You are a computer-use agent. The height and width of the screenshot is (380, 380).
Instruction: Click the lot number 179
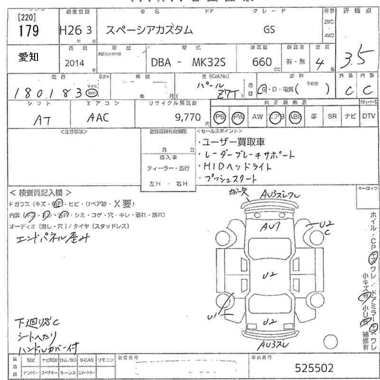pyautogui.click(x=28, y=32)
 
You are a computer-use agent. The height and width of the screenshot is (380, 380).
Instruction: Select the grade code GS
pyautogui.click(x=269, y=29)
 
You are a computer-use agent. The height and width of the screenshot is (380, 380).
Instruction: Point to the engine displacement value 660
pyautogui.click(x=263, y=62)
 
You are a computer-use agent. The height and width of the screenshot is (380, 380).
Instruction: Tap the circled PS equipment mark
pyautogui.click(x=219, y=116)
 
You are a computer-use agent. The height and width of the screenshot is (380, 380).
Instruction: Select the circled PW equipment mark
pyautogui.click(x=237, y=116)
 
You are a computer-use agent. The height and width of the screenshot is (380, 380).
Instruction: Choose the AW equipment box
pyautogui.click(x=257, y=116)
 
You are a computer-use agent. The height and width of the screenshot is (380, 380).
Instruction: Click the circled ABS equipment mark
pyautogui.click(x=295, y=116)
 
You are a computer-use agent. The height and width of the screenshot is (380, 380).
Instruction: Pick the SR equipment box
pyautogui.click(x=331, y=116)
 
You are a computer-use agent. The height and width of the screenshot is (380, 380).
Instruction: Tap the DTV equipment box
pyautogui.click(x=368, y=116)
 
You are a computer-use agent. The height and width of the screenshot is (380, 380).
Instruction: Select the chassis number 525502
pyautogui.click(x=314, y=368)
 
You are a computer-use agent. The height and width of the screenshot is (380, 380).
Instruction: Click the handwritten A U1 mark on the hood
pyautogui.click(x=270, y=228)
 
